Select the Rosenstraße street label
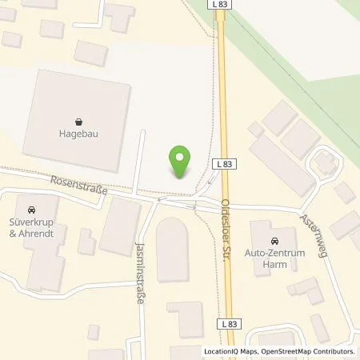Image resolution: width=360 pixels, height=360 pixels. pyautogui.click(x=78, y=186)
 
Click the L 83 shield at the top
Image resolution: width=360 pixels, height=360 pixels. pyautogui.click(x=222, y=5)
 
